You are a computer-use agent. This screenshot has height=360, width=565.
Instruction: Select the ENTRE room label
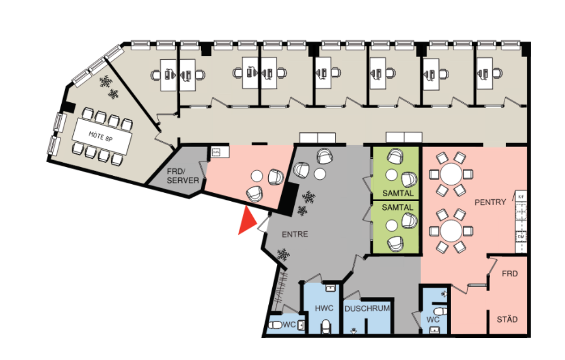pyautogui.click(x=295, y=234)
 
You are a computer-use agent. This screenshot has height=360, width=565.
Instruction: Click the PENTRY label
pyautogui.click(x=490, y=202)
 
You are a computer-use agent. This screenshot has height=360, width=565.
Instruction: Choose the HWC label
pyautogui.click(x=324, y=308)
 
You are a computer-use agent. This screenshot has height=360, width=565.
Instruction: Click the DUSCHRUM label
pyautogui.click(x=367, y=309)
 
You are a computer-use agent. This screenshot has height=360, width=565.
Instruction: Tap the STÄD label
pyautogui.click(x=508, y=319)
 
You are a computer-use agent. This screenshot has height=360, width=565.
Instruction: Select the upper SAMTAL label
pyautogui.click(x=398, y=194)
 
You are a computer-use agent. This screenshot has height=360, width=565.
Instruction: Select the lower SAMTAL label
pyautogui.click(x=398, y=207)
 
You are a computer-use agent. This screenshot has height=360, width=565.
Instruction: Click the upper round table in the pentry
pyautogui.click(x=451, y=174)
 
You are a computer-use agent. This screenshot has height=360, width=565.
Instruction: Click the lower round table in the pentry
pyautogui.click(x=451, y=231)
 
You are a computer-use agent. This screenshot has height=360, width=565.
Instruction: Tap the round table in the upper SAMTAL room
pyautogui.click(x=391, y=175)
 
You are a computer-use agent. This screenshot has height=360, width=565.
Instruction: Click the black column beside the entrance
pyautogui.click(x=288, y=199)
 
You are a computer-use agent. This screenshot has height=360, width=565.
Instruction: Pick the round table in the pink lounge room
pyautogui.click(x=257, y=176)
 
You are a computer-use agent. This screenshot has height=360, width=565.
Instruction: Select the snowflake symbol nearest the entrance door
pyautogui.click(x=283, y=255)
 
